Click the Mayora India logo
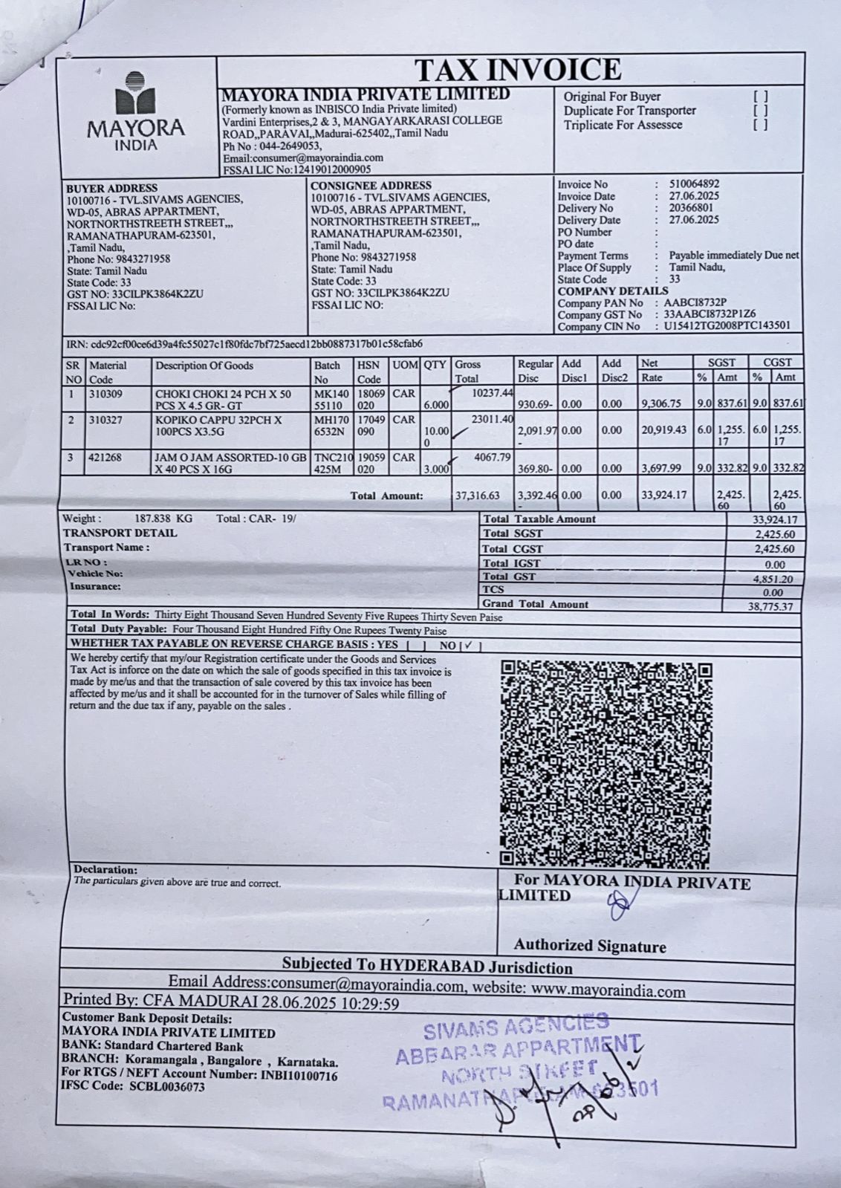136,112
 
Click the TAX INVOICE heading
517,70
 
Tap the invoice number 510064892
694,184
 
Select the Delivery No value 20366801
691,208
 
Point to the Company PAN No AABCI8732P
695,303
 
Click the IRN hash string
257,344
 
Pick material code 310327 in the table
106,420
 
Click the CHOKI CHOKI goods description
224,400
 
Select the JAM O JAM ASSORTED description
230,463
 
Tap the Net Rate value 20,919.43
664,430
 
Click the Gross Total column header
467,371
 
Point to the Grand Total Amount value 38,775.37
770,606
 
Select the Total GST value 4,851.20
773,578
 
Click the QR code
605,764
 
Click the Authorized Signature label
589,946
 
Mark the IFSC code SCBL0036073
166,1086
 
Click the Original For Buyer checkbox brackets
760,97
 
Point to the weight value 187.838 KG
163,519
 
